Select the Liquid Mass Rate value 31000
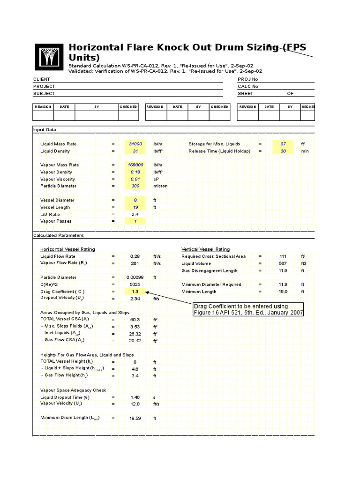(135, 144)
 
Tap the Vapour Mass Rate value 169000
(135, 165)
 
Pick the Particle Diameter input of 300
(135, 186)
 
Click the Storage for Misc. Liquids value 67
(283, 144)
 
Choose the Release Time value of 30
(283, 151)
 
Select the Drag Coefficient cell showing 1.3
(135, 292)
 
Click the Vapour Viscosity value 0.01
(135, 179)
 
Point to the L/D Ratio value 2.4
(135, 214)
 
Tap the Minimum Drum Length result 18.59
(135, 418)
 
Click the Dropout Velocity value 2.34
(135, 299)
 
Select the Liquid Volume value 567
(283, 263)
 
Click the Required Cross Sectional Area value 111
(283, 256)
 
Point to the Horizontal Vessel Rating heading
(67, 249)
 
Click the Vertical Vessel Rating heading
(205, 249)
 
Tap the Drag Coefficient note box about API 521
(248, 309)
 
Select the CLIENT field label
(41, 80)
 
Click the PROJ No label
(248, 80)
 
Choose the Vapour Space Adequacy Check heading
(73, 390)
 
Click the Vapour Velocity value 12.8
(135, 404)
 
